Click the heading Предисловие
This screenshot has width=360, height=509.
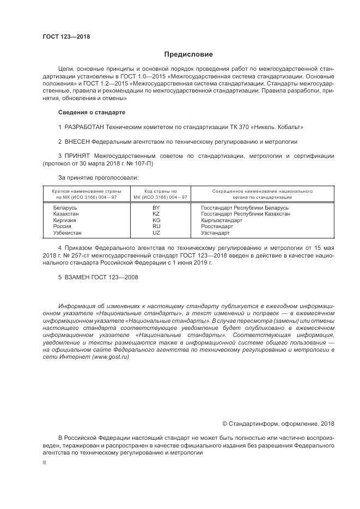(188, 54)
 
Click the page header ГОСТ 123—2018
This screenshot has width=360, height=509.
(66, 37)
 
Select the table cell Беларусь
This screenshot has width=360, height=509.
(65, 208)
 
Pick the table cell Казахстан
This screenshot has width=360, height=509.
(66, 214)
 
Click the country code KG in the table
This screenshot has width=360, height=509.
(156, 220)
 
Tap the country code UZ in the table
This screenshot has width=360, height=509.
(156, 232)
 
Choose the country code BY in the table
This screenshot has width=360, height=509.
(156, 208)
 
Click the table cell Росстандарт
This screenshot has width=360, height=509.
(217, 226)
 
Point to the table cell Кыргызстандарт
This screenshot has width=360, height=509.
(222, 220)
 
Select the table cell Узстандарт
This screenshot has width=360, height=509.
(215, 232)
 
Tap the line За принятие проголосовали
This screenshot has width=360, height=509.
(98, 177)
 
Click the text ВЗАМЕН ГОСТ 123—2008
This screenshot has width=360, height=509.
(98, 277)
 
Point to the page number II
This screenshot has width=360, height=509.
(45, 462)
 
